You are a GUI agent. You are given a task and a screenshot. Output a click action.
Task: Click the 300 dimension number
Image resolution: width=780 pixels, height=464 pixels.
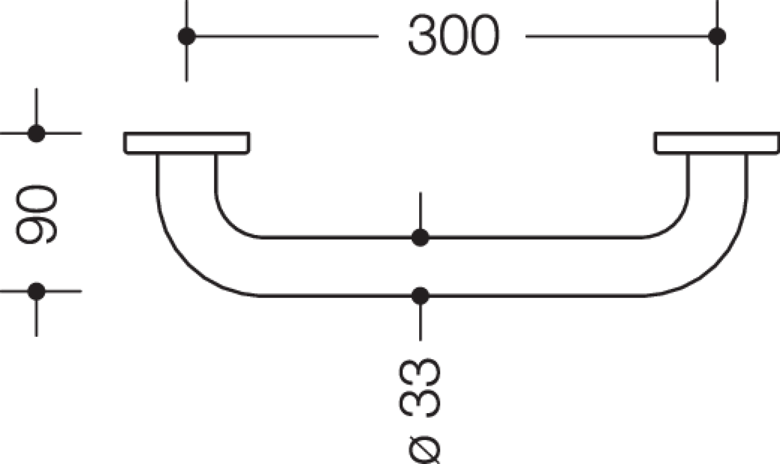point(454,34)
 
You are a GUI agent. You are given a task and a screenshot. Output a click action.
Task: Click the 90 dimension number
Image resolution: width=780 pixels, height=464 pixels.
point(36,214)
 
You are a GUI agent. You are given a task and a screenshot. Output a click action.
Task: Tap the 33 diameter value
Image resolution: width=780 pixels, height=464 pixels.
point(420,388)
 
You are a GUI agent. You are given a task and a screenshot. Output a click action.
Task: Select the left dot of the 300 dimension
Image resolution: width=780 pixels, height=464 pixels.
point(187,36)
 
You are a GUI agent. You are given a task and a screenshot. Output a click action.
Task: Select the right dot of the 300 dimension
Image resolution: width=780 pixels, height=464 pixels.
point(717,36)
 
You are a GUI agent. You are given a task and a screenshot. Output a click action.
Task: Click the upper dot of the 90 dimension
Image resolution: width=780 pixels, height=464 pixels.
point(36,133)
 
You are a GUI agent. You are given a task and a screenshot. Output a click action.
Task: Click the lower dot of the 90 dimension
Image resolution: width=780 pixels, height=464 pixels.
point(36,291)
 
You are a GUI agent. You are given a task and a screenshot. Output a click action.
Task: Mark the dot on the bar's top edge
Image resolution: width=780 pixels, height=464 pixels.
point(420,237)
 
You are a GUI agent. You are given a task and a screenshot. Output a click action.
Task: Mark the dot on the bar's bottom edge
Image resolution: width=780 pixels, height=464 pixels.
point(420,296)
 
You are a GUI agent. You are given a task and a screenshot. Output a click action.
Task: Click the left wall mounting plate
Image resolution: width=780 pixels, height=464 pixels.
point(187,143)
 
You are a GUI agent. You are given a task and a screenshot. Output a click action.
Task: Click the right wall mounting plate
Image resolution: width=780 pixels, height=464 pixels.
point(717,143)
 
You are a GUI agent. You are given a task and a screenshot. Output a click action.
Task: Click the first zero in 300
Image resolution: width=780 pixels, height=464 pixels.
point(454,34)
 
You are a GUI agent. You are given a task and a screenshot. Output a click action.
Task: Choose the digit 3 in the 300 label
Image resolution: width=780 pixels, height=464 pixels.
point(422,34)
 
